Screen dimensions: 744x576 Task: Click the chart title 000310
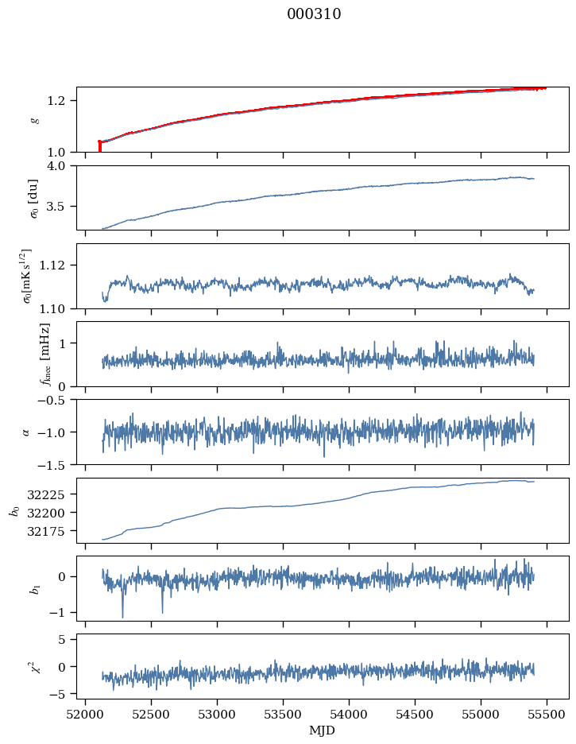tap(314, 14)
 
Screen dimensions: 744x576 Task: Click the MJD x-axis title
tap(323, 730)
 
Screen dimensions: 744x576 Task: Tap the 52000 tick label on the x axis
tap(86, 713)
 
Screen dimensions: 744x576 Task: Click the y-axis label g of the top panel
tap(34, 120)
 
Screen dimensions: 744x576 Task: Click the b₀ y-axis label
tap(14, 510)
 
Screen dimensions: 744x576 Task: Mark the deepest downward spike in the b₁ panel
tap(122, 616)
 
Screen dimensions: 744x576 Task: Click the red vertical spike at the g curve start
tap(99, 146)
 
